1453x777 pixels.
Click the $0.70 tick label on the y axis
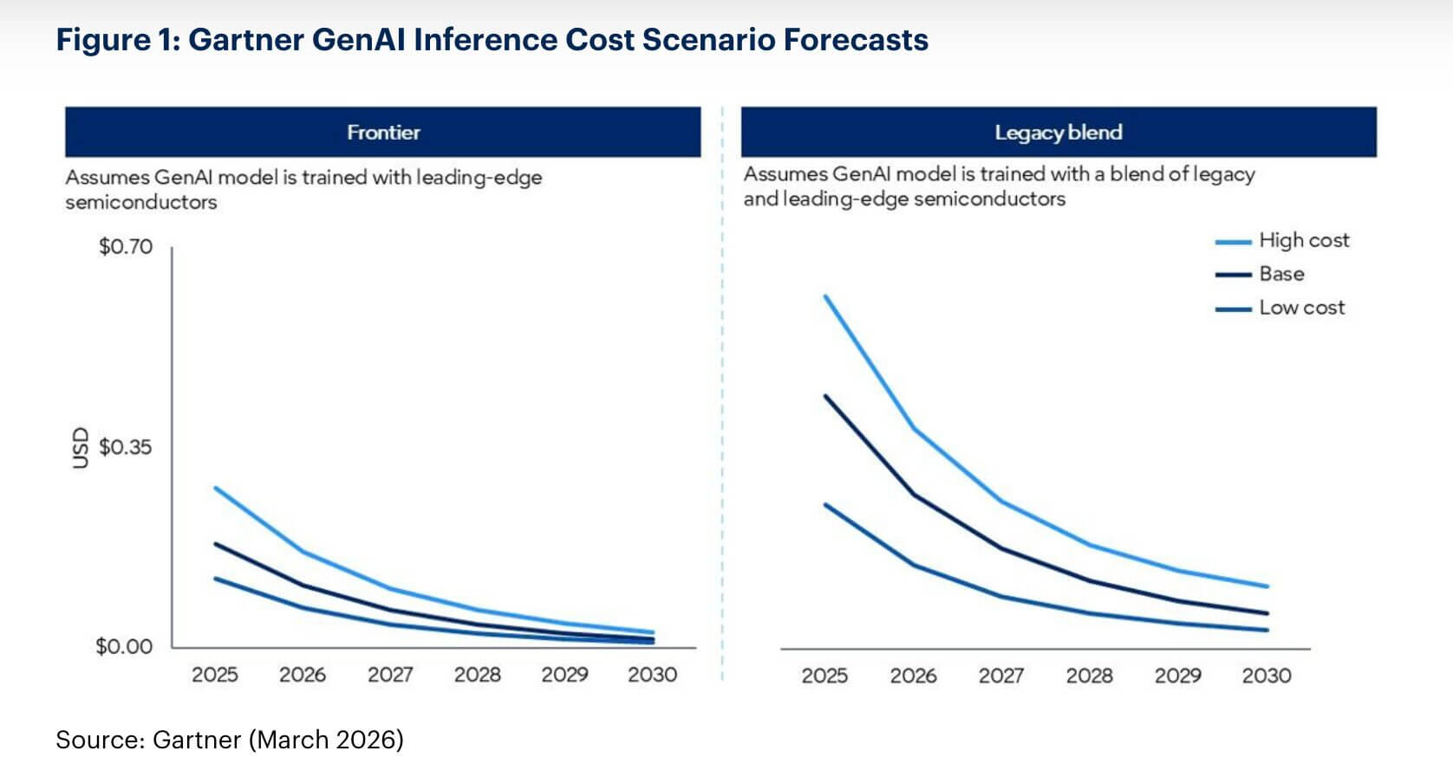pyautogui.click(x=126, y=246)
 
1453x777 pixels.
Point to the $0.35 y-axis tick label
pyautogui.click(x=126, y=447)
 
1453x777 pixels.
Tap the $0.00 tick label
pyautogui.click(x=124, y=646)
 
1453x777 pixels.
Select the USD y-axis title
pyautogui.click(x=81, y=447)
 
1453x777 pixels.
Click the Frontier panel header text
pyautogui.click(x=383, y=133)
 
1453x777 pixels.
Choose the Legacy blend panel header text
pyautogui.click(x=1058, y=133)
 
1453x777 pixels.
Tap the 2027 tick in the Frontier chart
pyautogui.click(x=390, y=675)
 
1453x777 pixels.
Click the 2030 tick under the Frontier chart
pyautogui.click(x=652, y=675)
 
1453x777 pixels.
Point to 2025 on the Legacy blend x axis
pyautogui.click(x=824, y=676)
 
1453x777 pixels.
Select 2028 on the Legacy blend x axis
pyautogui.click(x=1089, y=676)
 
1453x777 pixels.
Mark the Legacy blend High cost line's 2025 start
pyautogui.click(x=825, y=297)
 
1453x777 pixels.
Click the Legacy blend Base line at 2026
pyautogui.click(x=914, y=494)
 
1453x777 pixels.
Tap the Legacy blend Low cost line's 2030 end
pyautogui.click(x=1267, y=630)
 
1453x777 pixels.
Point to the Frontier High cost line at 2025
pyautogui.click(x=215, y=488)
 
